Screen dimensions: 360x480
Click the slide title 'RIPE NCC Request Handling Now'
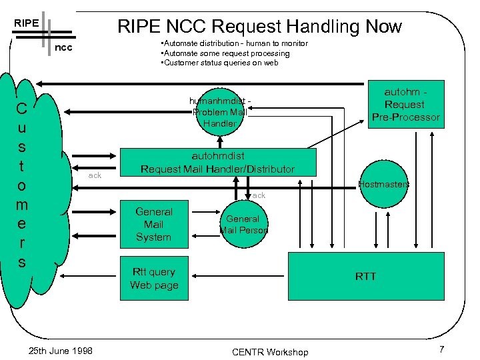pos(259,26)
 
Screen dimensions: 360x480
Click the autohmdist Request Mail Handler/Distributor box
pos(217,162)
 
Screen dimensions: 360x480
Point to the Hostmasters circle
pos(383,184)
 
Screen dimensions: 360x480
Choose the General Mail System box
pos(153,224)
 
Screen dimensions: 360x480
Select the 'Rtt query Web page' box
pos(153,279)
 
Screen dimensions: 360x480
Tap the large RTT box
pos(365,276)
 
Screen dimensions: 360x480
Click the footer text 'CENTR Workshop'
pos(270,351)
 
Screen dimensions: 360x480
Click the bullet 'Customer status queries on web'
pos(220,63)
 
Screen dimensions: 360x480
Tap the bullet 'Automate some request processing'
pos(225,53)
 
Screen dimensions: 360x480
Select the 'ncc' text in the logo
pos(63,48)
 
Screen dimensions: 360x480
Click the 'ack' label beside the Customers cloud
pos(95,175)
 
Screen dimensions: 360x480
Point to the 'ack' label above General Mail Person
pos(259,195)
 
